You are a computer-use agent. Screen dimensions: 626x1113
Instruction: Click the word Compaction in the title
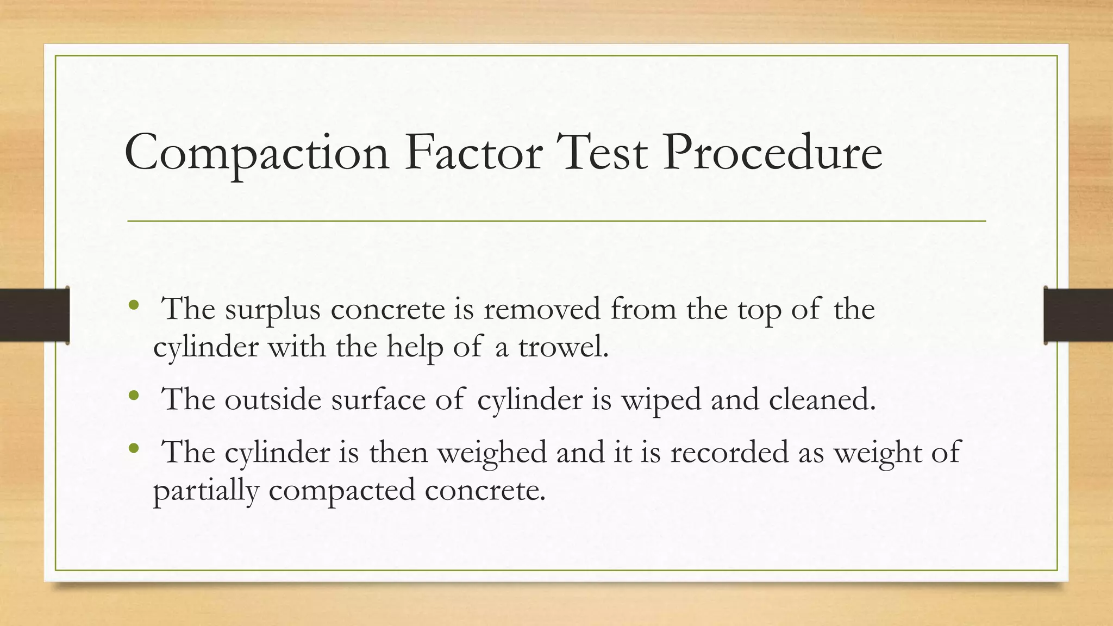[257, 153]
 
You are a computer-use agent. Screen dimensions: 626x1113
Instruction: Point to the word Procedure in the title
[772, 153]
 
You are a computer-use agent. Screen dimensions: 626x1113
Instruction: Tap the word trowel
[563, 347]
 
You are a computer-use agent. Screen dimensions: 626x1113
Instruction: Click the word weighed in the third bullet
[492, 453]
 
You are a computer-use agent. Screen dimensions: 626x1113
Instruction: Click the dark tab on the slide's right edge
[1078, 315]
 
